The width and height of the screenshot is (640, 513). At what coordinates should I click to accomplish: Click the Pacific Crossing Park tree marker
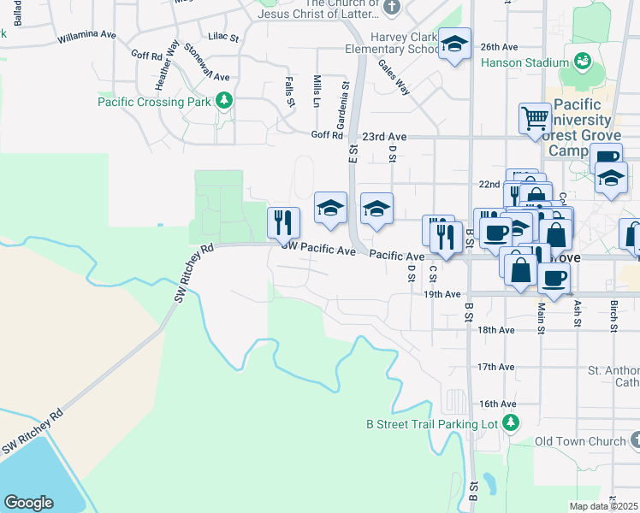pos(225,102)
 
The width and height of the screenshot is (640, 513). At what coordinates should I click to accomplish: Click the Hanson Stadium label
pos(524,62)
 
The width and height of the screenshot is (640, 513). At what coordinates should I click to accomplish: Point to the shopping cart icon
pos(535,118)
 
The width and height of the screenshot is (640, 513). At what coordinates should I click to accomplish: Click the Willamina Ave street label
pos(86,37)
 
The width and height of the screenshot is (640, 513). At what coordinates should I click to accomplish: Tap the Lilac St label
pos(222,37)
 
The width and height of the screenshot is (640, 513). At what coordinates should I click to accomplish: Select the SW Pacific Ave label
pos(319,251)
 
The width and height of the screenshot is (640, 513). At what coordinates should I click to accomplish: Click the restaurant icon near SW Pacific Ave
pos(283,224)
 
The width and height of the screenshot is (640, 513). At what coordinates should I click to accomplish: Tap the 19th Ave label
pos(443,294)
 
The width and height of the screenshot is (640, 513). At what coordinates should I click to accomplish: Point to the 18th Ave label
pos(496,330)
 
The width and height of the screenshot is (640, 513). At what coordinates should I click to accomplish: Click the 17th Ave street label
pos(496,367)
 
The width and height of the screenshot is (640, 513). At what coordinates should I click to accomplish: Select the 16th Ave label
pos(497,404)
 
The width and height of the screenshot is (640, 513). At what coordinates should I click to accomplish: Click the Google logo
pos(28,503)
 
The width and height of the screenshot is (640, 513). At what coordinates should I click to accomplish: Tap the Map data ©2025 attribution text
pos(604,506)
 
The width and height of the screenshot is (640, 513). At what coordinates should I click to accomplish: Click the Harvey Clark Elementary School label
pos(405,43)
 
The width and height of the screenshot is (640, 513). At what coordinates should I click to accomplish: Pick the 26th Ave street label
pos(500,46)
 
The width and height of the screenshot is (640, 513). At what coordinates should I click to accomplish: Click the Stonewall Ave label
pos(206,62)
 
